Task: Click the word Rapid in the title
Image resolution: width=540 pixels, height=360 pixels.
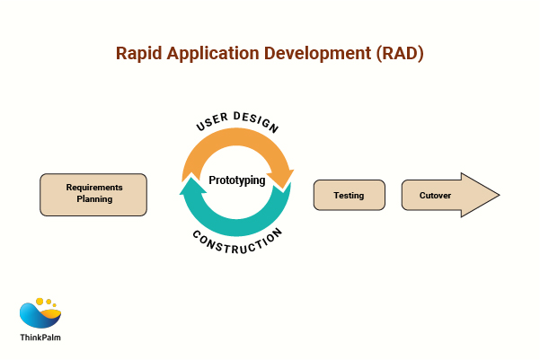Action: [x=139, y=54]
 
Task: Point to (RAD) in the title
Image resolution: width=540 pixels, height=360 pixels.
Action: [x=397, y=54]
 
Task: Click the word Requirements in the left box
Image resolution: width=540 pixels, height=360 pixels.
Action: [x=93, y=188]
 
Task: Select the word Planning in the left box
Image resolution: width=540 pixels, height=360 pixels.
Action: [x=93, y=200]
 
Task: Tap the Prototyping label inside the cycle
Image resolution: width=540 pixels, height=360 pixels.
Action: [x=237, y=180]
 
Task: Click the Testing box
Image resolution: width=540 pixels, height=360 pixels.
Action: [x=349, y=195]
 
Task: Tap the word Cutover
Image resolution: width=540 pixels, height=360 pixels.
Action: [x=435, y=195]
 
